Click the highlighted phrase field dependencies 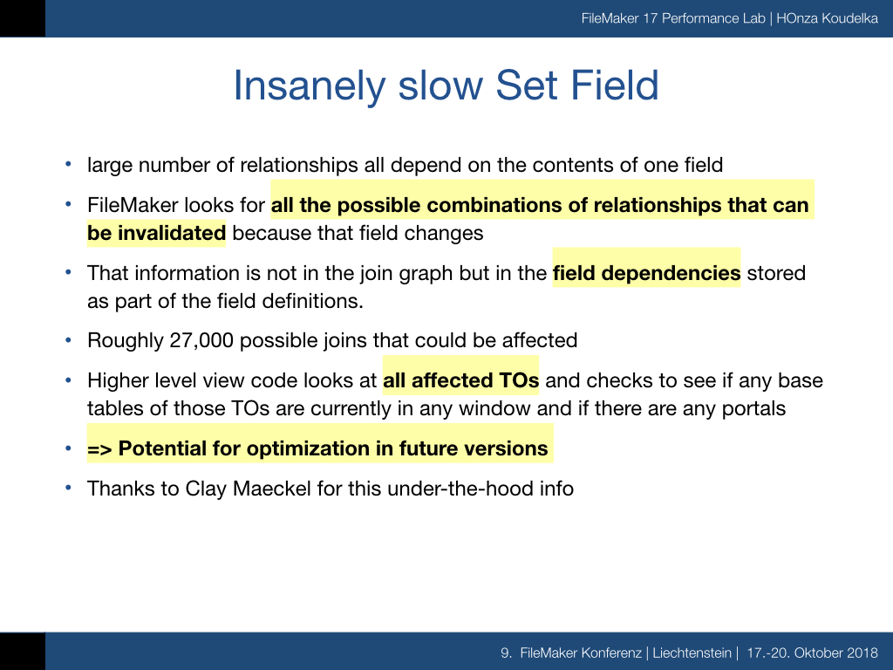click(x=646, y=273)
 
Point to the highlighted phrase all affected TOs click(x=460, y=380)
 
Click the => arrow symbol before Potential click(x=99, y=449)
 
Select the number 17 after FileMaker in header click(x=651, y=18)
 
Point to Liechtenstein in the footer click(x=692, y=653)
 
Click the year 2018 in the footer click(x=862, y=653)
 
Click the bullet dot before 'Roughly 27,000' click(x=68, y=340)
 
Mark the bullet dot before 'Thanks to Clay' click(x=68, y=489)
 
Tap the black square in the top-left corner click(x=23, y=19)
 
